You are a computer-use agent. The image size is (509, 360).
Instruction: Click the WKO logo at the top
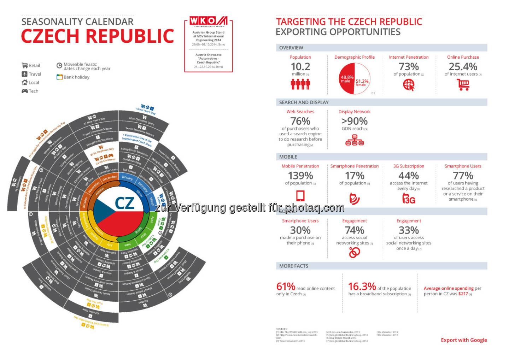coord(209,21)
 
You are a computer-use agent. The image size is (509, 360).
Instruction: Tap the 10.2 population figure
coord(300,66)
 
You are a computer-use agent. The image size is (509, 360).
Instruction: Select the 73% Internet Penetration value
coord(409,66)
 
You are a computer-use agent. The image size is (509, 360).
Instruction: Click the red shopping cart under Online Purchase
coord(463,85)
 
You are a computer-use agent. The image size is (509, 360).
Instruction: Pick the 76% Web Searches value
coord(300,121)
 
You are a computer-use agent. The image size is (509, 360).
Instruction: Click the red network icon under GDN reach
coord(354,141)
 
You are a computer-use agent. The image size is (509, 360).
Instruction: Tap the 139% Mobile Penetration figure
coord(300,176)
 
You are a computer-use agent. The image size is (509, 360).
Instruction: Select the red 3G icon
coord(409,199)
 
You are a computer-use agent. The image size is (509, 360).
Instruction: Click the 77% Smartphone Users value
coord(463,176)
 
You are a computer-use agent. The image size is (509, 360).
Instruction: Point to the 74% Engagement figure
coord(354,230)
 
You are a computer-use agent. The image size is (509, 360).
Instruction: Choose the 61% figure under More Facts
coord(286,286)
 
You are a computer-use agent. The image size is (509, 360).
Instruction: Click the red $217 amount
coord(463,294)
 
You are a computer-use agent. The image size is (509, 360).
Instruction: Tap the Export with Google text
coord(464,340)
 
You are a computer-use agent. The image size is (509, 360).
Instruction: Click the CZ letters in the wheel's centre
coord(124,203)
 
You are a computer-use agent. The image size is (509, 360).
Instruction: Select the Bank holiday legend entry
coord(73,77)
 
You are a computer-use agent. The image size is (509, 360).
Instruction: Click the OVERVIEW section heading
coord(291,48)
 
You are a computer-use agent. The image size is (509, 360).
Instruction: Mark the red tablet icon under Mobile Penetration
coord(300,195)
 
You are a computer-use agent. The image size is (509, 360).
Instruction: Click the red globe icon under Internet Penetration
coord(409,85)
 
